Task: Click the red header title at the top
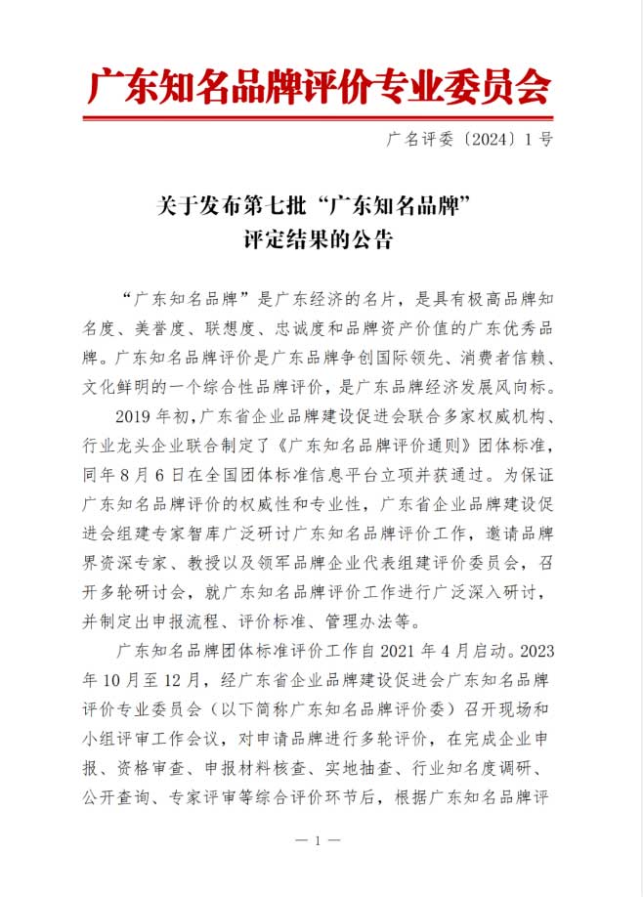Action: coord(320,87)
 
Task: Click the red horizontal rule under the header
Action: coord(320,119)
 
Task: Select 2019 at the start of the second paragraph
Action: coord(135,418)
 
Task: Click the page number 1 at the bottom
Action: coord(320,840)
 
